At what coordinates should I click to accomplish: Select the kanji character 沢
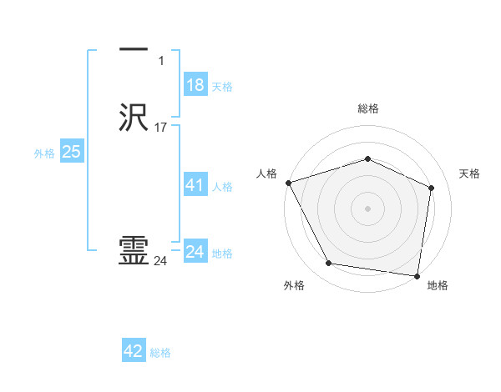point(134,117)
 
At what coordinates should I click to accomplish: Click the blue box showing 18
point(195,85)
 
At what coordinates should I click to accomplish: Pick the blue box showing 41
point(195,185)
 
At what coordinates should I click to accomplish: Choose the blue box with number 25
point(72,152)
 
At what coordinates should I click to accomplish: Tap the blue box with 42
point(134,351)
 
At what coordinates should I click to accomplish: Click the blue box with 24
point(195,252)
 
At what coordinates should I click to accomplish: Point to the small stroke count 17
point(161,128)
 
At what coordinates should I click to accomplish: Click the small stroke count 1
point(161,61)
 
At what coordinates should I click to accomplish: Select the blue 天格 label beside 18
point(222,87)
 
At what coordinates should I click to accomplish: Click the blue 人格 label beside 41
point(222,187)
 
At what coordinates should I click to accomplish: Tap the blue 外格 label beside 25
point(43,153)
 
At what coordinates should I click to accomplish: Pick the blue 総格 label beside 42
point(160,353)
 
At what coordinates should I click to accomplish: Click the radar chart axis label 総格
point(367,108)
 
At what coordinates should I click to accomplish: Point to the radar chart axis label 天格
point(469,173)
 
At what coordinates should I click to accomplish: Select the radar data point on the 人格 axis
point(288,182)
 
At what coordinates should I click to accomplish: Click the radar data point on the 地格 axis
point(417,275)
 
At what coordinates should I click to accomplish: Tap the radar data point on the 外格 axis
point(329,264)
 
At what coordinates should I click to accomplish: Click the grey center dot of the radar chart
point(367,208)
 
